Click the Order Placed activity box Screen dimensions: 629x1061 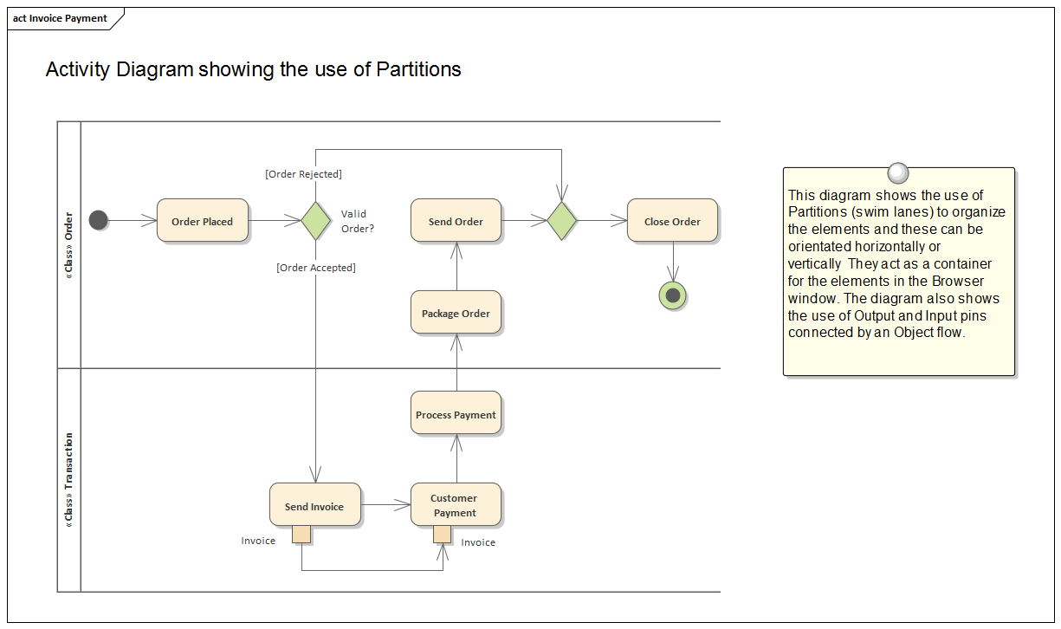point(202,221)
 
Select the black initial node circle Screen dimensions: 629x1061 point(99,220)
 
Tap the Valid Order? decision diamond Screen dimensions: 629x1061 point(315,221)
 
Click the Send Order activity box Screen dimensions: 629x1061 point(456,221)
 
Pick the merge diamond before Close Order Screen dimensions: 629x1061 point(562,221)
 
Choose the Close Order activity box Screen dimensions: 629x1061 point(672,221)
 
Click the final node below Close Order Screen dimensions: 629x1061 point(673,296)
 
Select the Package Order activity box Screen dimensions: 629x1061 point(456,313)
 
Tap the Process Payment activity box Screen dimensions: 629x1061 point(456,414)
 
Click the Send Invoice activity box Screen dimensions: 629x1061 point(314,506)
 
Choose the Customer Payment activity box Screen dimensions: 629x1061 point(456,505)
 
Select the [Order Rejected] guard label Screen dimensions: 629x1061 point(303,174)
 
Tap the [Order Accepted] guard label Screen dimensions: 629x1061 point(316,268)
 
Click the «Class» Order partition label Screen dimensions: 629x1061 point(69,245)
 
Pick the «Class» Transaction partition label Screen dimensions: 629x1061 point(69,480)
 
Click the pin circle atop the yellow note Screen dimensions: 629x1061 point(898,172)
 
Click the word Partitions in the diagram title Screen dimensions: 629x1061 point(418,69)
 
